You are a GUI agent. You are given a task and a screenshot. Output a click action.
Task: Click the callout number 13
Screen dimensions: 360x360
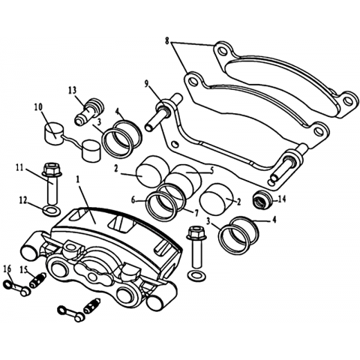[x=72, y=90]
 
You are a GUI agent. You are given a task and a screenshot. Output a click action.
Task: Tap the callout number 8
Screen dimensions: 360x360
[x=167, y=40]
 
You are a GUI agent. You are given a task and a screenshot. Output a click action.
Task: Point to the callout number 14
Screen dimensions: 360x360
[x=282, y=199]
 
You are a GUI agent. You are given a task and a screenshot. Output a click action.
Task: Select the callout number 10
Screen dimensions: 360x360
[x=38, y=107]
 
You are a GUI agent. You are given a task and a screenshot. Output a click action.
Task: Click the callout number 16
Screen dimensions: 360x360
[x=7, y=269]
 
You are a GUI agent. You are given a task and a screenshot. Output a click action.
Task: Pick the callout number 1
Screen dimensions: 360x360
[x=78, y=180]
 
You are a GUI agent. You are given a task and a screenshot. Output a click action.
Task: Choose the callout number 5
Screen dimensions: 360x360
[x=211, y=171]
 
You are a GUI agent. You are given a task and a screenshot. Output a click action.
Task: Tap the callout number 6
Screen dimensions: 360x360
[x=133, y=199]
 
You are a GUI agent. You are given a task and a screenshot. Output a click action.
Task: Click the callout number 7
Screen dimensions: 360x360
[x=196, y=213]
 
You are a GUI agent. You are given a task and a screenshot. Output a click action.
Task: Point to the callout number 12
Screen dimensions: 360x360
[x=23, y=201]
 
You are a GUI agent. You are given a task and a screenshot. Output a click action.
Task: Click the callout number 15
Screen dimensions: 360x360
[x=24, y=270]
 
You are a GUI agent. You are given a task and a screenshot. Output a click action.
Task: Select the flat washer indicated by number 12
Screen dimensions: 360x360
[x=52, y=211]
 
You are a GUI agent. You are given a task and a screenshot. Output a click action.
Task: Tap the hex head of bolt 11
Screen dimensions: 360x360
[x=52, y=169]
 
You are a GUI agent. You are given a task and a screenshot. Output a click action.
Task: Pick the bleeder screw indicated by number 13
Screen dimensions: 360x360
[x=89, y=112]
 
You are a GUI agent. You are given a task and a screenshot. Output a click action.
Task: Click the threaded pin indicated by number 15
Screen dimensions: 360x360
[x=37, y=280]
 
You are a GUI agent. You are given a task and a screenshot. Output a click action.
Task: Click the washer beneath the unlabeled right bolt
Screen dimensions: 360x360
[x=197, y=276]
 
